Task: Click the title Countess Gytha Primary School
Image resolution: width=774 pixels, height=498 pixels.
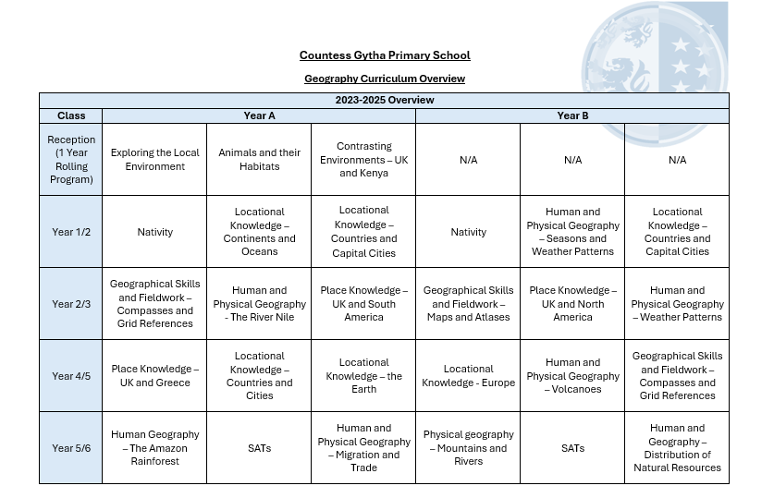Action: (385, 55)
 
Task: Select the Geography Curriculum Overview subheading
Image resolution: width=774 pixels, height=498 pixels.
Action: (385, 79)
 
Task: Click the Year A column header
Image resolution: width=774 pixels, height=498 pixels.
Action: (259, 115)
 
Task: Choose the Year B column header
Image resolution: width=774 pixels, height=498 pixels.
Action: (572, 115)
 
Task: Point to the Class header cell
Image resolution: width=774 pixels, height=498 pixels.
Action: (71, 115)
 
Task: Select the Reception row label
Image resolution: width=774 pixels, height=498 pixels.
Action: (71, 160)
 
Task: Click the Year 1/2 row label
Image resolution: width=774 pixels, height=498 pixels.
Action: (71, 232)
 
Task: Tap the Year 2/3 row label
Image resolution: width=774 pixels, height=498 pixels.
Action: (71, 304)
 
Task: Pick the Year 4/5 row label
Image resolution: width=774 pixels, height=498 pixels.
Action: (71, 376)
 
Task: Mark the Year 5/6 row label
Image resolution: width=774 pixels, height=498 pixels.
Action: (71, 448)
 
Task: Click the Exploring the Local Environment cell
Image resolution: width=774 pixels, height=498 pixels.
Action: (154, 160)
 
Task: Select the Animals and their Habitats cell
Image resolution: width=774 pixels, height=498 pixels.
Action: (259, 160)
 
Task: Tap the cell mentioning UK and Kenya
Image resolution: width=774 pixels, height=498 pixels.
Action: (363, 160)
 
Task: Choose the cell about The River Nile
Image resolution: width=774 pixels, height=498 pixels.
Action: (259, 304)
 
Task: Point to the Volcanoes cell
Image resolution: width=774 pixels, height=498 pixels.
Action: (572, 376)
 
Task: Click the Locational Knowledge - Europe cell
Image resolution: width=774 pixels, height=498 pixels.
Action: (468, 376)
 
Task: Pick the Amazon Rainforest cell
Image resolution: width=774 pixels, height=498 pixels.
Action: (154, 448)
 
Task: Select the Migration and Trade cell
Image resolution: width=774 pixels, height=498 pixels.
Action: (363, 448)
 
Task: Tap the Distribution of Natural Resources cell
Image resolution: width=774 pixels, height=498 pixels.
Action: (677, 448)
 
